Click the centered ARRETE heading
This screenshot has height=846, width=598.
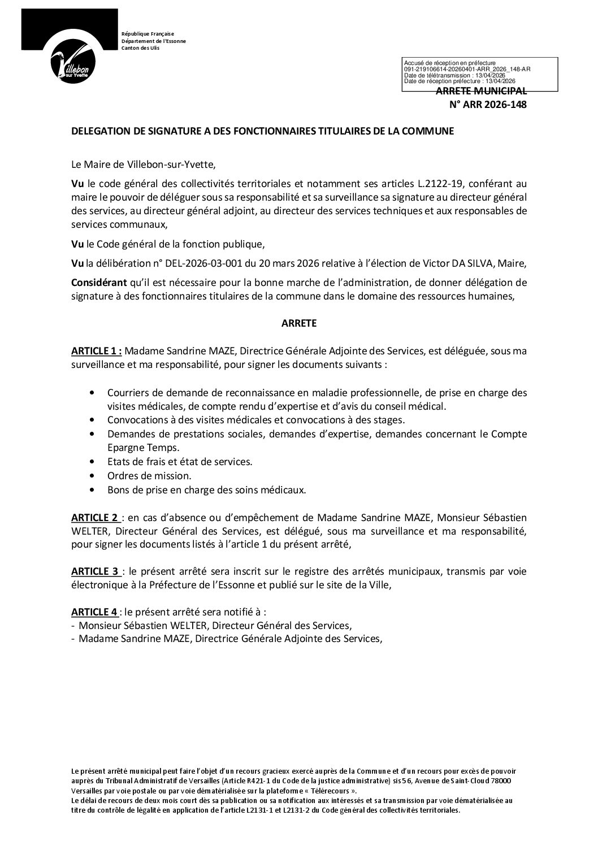[299, 324]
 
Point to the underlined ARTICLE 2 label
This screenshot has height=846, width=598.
[95, 518]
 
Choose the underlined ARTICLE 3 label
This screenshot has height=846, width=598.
[95, 571]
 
